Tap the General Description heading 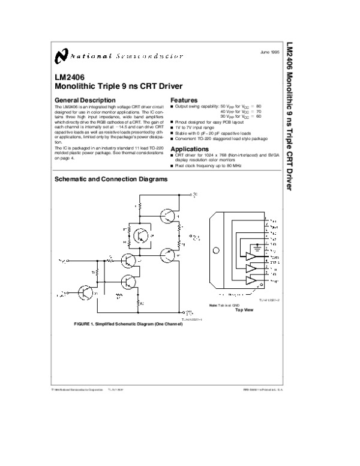[x=85, y=99]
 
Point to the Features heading [x=184, y=99]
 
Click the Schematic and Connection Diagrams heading [x=111, y=179]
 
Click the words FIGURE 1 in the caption [x=84, y=324]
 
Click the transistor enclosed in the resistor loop [x=142, y=235]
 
